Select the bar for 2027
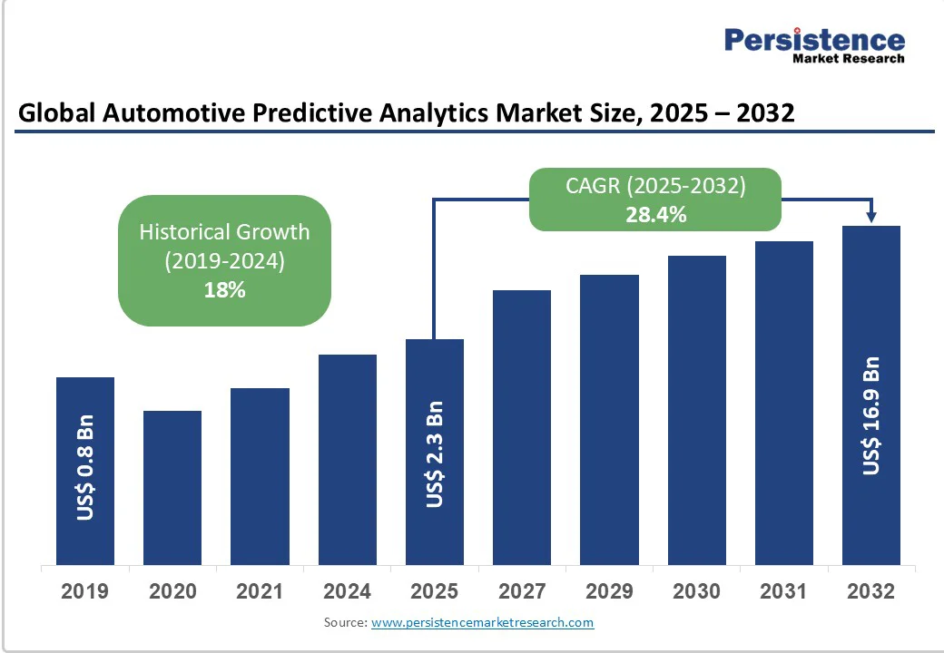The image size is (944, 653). [522, 427]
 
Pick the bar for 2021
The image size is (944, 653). [260, 476]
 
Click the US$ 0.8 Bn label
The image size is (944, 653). [85, 468]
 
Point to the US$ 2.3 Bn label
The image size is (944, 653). [435, 454]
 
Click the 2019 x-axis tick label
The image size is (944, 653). [85, 591]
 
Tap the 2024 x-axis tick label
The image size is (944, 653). [348, 591]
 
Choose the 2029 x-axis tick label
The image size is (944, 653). [609, 591]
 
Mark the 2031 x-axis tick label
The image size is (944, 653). [784, 591]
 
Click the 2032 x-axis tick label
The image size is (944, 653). [871, 591]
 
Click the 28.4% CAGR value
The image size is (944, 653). [655, 215]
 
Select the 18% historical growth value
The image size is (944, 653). [224, 290]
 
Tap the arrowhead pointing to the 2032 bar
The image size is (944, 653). [871, 217]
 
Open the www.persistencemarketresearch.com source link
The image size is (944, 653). [482, 622]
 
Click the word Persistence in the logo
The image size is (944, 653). [814, 39]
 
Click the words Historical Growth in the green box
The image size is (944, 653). [224, 231]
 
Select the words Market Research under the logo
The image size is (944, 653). [849, 59]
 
